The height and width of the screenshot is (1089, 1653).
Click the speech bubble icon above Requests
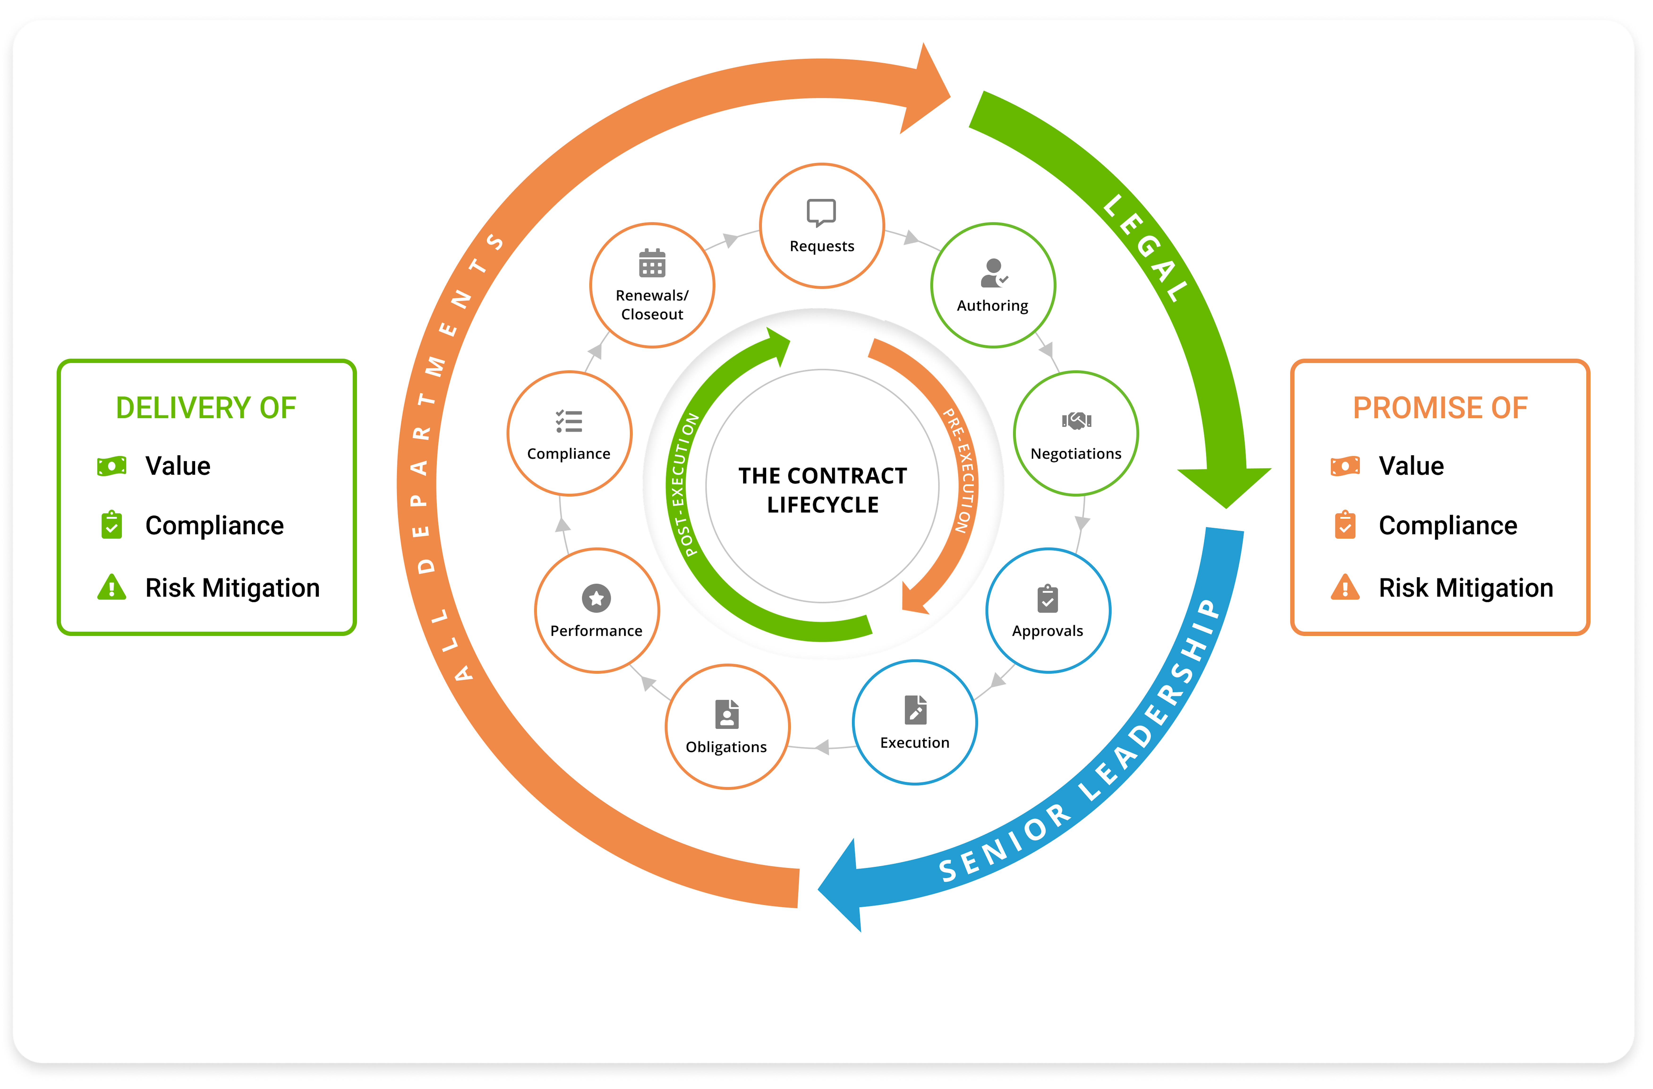(x=821, y=212)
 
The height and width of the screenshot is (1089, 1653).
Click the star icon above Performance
(x=596, y=598)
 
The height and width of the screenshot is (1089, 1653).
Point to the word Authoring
(x=993, y=306)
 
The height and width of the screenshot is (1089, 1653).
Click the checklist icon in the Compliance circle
(x=569, y=421)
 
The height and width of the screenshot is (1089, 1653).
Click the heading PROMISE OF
(x=1440, y=408)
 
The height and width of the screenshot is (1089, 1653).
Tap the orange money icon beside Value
(x=1345, y=466)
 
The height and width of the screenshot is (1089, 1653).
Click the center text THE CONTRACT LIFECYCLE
(x=822, y=490)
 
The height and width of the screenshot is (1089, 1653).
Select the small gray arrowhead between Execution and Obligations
(x=823, y=747)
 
